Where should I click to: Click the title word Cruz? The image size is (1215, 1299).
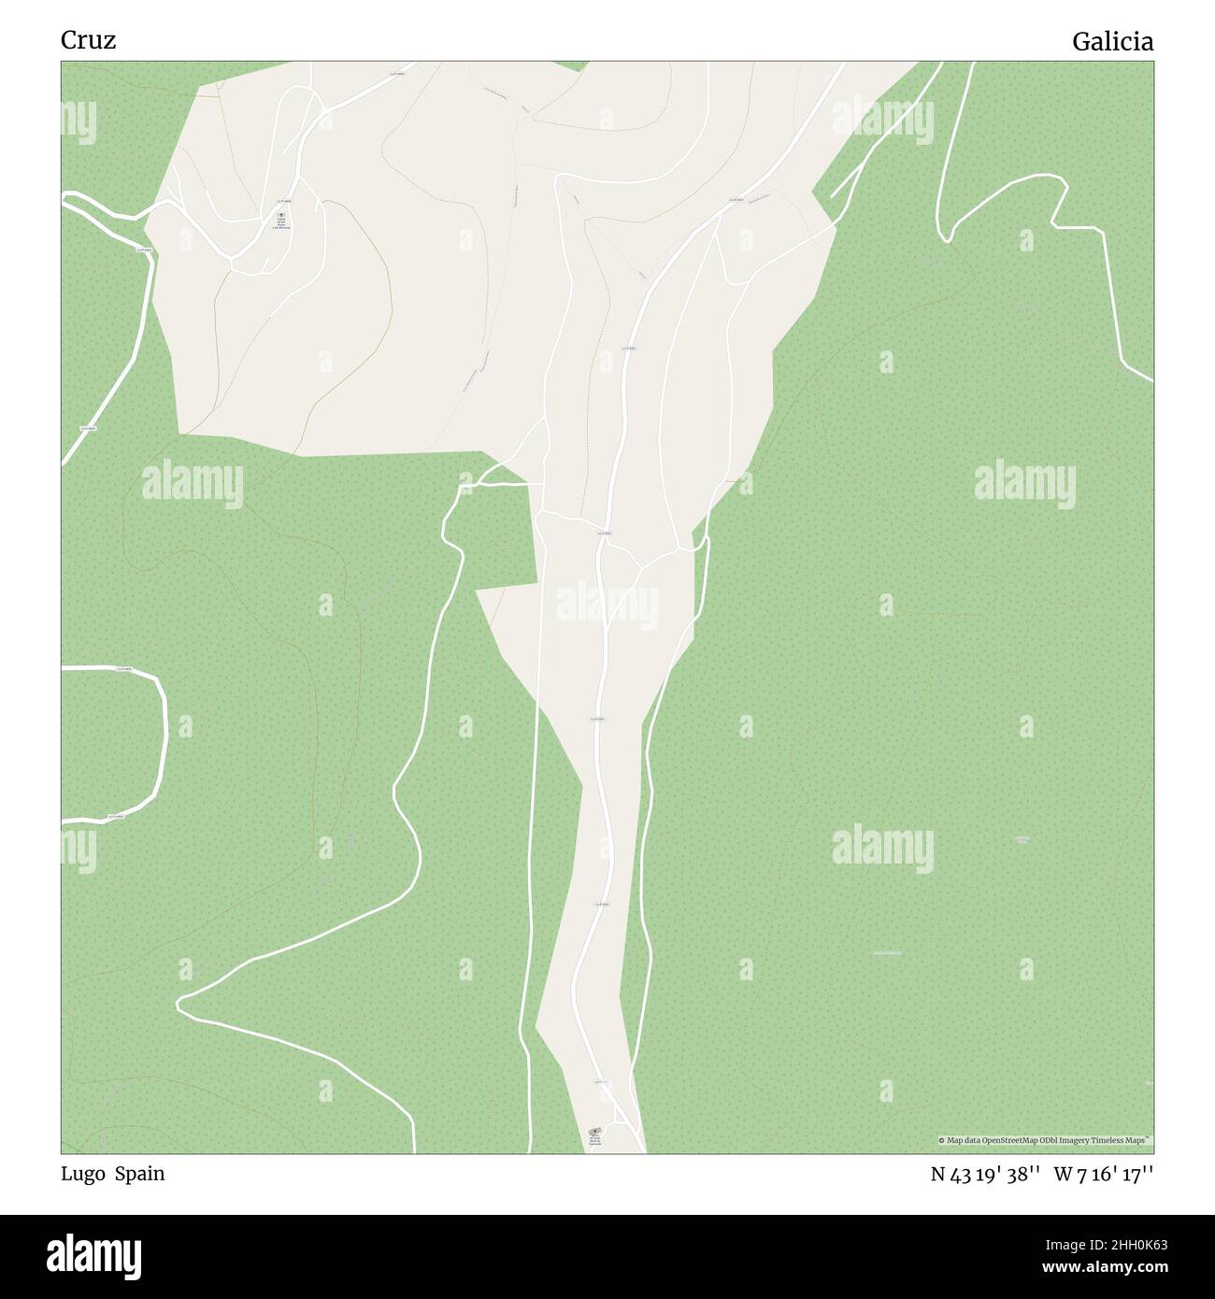pyautogui.click(x=88, y=41)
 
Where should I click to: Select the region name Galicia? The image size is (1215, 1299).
pyautogui.click(x=1112, y=42)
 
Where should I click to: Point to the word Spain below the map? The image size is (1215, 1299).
pyautogui.click(x=140, y=1175)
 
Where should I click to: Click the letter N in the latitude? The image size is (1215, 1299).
pyautogui.click(x=938, y=1176)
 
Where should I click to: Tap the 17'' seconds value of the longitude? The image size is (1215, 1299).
pyautogui.click(x=1136, y=1176)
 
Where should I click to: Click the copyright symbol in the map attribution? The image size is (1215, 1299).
pyautogui.click(x=943, y=1140)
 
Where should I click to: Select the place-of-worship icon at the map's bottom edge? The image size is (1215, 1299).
pyautogui.click(x=595, y=1132)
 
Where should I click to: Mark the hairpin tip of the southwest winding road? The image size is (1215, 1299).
pyautogui.click(x=179, y=1005)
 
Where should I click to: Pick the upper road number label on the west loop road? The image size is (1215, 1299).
pyautogui.click(x=121, y=669)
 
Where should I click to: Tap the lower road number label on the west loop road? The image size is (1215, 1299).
pyautogui.click(x=116, y=817)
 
